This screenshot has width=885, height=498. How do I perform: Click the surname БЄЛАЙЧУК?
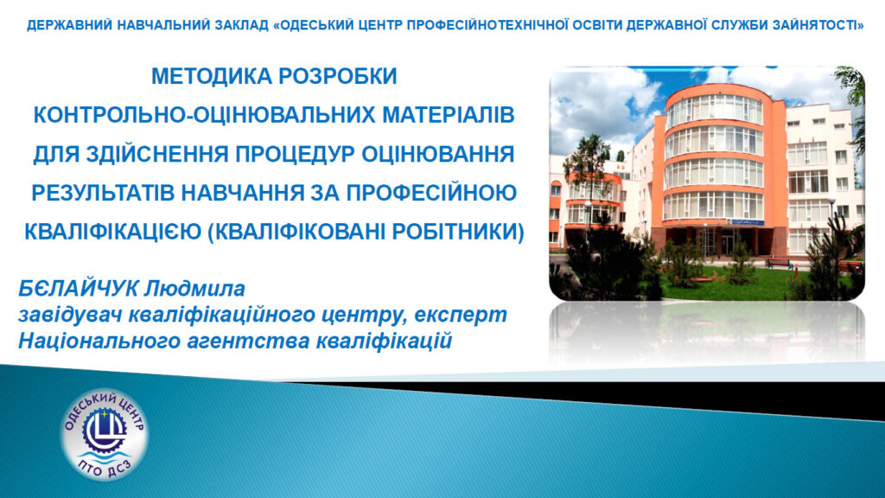pyautogui.click(x=78, y=289)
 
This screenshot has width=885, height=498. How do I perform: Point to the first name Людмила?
pyautogui.click(x=194, y=289)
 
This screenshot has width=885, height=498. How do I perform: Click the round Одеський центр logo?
pyautogui.click(x=105, y=434)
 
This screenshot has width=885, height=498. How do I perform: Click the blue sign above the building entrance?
pyautogui.click(x=748, y=221)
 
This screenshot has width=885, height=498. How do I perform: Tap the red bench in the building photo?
pyautogui.click(x=780, y=263)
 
